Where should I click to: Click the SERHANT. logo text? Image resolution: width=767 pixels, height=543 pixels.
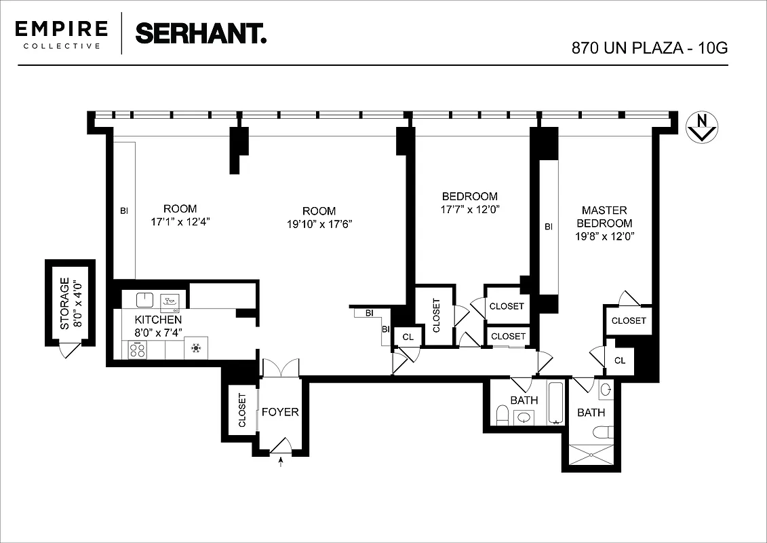tap(201, 33)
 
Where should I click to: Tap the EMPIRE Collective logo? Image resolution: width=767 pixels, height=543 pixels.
tap(62, 34)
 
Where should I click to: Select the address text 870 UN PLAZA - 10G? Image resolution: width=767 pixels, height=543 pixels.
tap(649, 49)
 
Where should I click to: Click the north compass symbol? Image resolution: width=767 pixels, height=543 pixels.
tap(702, 127)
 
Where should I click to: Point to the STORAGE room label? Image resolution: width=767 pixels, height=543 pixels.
tap(64, 303)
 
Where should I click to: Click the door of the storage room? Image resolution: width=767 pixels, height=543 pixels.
tap(69, 350)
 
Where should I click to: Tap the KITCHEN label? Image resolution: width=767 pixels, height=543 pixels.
tap(158, 320)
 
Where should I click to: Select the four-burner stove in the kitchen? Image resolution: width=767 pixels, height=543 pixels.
tap(137, 349)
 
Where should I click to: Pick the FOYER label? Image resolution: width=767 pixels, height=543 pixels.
tap(280, 412)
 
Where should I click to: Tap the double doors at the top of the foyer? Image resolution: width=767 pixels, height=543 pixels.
tap(280, 367)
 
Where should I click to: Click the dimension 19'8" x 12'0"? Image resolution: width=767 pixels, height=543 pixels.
tap(604, 236)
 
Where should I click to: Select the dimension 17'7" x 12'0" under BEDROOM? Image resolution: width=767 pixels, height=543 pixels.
tap(471, 209)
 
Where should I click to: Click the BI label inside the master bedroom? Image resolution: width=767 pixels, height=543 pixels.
tap(549, 227)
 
